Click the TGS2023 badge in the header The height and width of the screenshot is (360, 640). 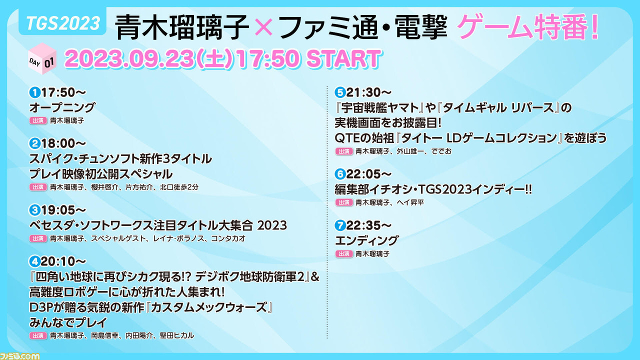62,23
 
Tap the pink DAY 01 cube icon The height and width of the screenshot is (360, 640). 42,59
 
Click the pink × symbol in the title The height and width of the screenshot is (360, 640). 263,26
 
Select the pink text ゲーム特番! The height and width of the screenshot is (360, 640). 528,27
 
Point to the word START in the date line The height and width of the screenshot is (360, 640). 343,59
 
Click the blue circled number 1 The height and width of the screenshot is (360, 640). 35,92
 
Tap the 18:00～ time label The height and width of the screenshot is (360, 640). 63,143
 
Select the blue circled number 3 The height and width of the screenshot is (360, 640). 35,210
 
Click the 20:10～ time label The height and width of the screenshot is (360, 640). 63,261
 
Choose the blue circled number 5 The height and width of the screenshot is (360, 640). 340,92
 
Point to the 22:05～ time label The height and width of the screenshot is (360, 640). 369,174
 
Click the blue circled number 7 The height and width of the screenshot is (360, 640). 340,225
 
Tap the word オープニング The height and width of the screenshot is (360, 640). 62,107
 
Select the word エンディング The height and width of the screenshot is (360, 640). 366,241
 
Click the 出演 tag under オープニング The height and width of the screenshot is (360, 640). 38,120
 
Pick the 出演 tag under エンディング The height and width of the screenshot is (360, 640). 343,253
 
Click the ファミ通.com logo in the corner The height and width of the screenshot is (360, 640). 19,356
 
